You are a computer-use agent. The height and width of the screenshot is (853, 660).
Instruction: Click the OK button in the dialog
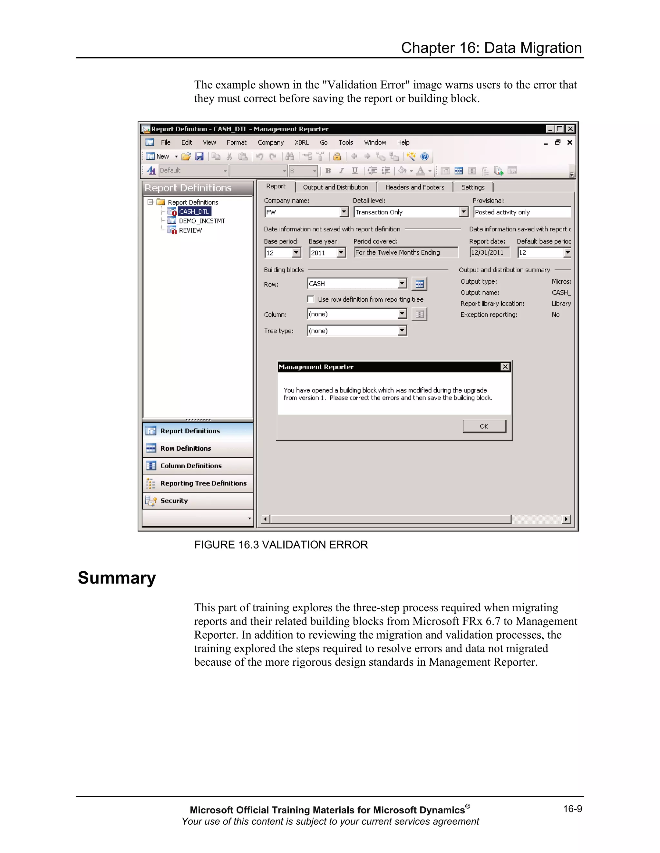[x=484, y=426]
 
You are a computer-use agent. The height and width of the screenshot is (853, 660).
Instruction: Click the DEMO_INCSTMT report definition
[x=202, y=221]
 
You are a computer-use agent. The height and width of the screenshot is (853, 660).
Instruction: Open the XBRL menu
[x=301, y=143]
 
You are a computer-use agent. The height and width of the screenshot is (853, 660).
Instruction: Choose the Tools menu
[x=346, y=143]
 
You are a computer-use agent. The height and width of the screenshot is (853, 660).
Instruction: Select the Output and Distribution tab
[x=335, y=187]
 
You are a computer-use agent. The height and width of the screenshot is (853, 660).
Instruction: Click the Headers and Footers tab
[x=414, y=187]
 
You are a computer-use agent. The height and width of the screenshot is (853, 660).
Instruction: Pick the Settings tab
[x=473, y=187]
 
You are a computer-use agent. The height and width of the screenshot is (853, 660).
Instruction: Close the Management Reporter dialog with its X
[x=505, y=367]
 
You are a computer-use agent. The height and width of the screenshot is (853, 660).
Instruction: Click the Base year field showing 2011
[x=323, y=253]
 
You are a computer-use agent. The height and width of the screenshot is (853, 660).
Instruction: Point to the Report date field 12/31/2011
[x=490, y=252]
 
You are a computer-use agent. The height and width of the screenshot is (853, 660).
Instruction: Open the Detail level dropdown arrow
[x=464, y=212]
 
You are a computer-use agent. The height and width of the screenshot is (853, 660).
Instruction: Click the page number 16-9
[x=572, y=809]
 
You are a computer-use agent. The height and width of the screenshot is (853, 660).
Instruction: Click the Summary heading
[x=117, y=578]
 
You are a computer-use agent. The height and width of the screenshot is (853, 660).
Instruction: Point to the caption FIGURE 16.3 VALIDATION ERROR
[x=281, y=545]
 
